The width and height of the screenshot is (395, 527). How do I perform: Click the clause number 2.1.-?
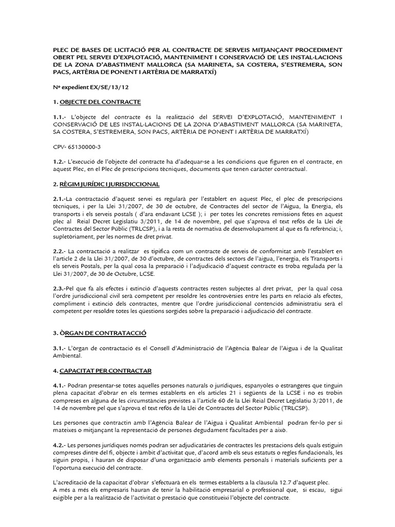pyautogui.click(x=61, y=199)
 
